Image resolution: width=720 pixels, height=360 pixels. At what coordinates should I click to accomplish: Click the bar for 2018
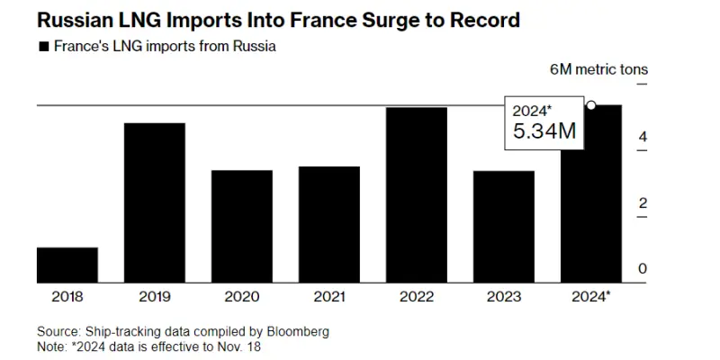click(67, 264)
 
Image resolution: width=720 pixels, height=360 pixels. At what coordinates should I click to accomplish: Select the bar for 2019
click(155, 202)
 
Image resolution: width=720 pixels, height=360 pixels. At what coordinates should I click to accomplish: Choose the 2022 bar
click(417, 193)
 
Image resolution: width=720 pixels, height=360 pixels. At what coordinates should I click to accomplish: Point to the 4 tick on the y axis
click(643, 137)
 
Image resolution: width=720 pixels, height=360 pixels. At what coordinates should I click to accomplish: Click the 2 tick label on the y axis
click(643, 203)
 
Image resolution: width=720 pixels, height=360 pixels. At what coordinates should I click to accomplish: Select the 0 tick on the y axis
click(643, 269)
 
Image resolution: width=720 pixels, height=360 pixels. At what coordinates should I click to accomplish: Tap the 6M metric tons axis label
click(598, 69)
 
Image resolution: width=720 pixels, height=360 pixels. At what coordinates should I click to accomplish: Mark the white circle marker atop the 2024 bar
click(591, 105)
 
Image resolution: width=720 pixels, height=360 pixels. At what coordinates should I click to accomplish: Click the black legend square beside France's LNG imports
click(43, 47)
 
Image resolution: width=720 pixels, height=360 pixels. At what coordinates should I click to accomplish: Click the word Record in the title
click(483, 18)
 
